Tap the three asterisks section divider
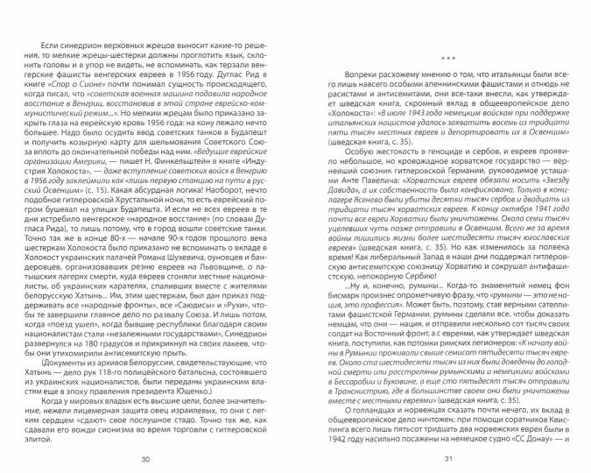445,61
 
